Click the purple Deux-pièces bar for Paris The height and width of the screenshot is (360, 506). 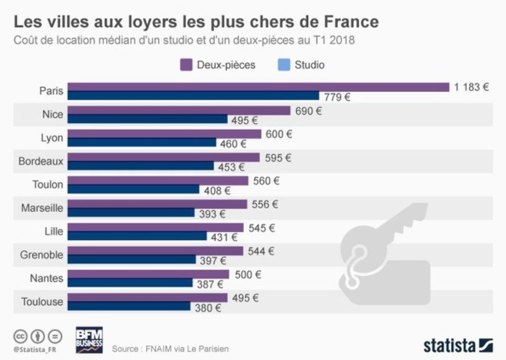pyautogui.click(x=259, y=87)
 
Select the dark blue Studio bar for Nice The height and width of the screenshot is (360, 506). pyautogui.click(x=147, y=119)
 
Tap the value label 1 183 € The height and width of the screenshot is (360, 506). pyautogui.click(x=471, y=87)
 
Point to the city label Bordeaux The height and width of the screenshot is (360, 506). pyautogui.click(x=41, y=162)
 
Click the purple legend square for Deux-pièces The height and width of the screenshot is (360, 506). pyautogui.click(x=186, y=65)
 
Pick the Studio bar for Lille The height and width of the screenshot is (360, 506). pyautogui.click(x=138, y=236)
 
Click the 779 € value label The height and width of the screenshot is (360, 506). pyautogui.click(x=337, y=97)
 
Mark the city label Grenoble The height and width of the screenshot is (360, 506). pyautogui.click(x=42, y=255)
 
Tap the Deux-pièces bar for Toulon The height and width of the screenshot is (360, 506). pyautogui.click(x=158, y=181)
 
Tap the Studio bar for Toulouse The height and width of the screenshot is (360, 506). pyautogui.click(x=129, y=306)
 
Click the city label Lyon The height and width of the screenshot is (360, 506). pyautogui.click(x=51, y=138)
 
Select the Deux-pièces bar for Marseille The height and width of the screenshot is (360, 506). pyautogui.click(x=157, y=204)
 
